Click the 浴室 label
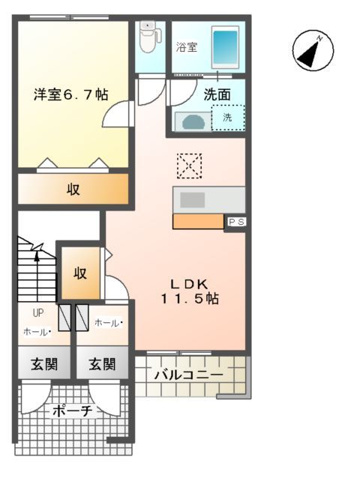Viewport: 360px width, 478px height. [x=187, y=47]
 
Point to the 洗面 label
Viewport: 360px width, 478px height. [x=217, y=95]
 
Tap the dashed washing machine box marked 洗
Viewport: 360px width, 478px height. [x=227, y=118]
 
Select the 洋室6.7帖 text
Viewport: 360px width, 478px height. [x=70, y=95]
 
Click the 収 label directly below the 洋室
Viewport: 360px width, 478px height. [x=73, y=190]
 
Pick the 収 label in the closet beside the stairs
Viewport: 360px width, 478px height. [x=80, y=273]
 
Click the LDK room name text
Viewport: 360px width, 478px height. [x=193, y=283]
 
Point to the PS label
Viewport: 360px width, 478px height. [x=235, y=222]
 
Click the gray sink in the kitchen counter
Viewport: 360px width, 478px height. [x=192, y=199]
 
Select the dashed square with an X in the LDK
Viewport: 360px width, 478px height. [x=190, y=166]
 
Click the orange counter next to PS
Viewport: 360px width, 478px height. [x=198, y=221]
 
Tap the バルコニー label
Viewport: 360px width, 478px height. [x=187, y=375]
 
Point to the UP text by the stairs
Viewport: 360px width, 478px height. [x=37, y=314]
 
